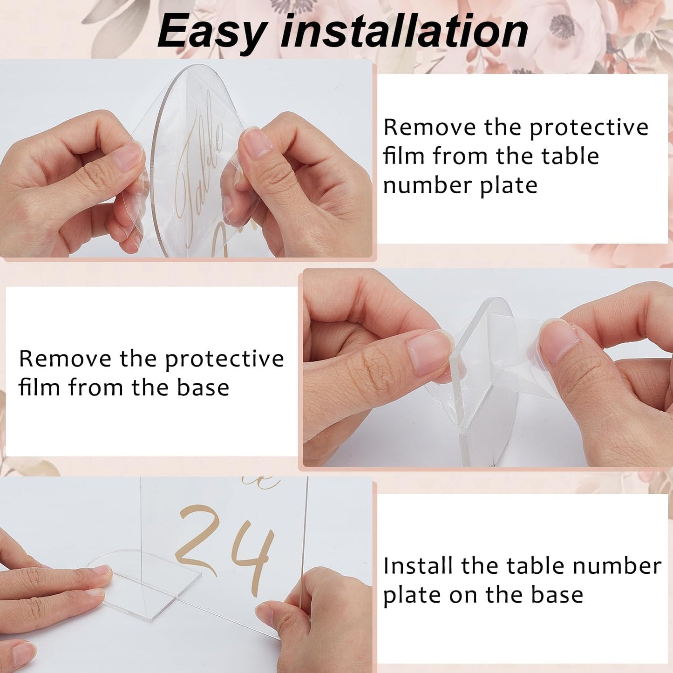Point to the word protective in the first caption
pos(589,128)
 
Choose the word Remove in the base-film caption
pos(65,359)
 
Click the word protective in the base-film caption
pos(224,359)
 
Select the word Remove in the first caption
pos(429,127)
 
